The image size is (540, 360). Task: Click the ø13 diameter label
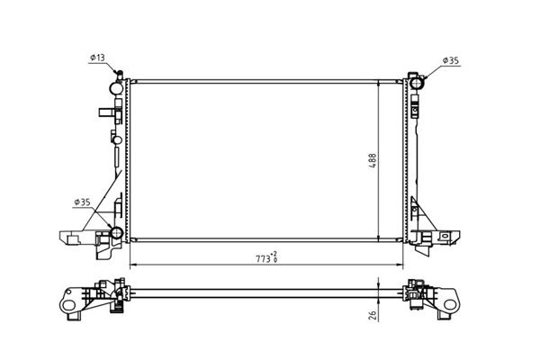[97, 58]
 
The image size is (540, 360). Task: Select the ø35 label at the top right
[451, 60]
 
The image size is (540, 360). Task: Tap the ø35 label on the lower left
[82, 202]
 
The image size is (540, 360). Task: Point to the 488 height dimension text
[373, 160]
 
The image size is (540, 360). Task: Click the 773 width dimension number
[263, 259]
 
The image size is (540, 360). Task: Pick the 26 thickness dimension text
[373, 315]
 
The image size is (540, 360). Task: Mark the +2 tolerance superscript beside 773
[274, 254]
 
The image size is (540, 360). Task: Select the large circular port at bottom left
[116, 233]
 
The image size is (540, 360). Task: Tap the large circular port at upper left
[116, 88]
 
